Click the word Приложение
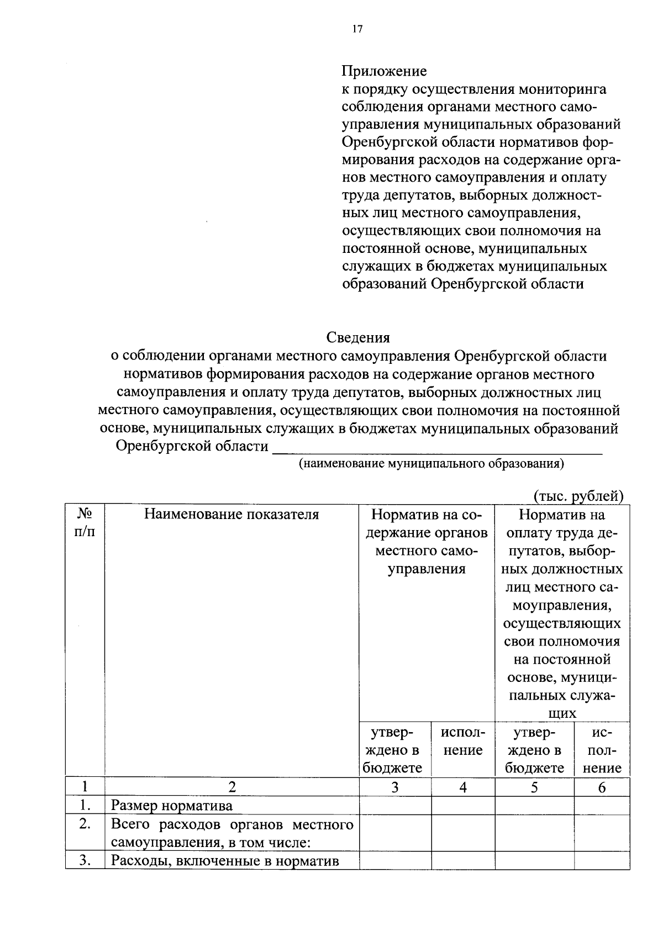pos(384,71)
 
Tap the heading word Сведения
pos(358,337)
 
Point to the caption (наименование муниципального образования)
pos(431,464)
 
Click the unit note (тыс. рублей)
pos(578,496)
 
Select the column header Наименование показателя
pos(231,515)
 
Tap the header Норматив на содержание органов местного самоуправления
pos(427,542)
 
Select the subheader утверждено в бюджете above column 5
pos(534,750)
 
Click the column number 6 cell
pos(602,787)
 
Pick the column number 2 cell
pos(231,787)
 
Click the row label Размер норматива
pos(172,806)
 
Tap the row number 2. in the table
pos(85,824)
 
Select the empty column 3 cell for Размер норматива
pos(395,806)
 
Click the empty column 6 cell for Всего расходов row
pos(602,833)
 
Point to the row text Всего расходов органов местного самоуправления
pos(231,834)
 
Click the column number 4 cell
pos(463,787)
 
